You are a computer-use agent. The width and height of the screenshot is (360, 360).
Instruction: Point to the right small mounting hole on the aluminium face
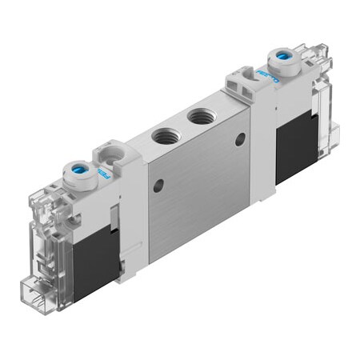click(x=239, y=138)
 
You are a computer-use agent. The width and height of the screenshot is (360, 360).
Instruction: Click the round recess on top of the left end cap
click(x=109, y=150)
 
